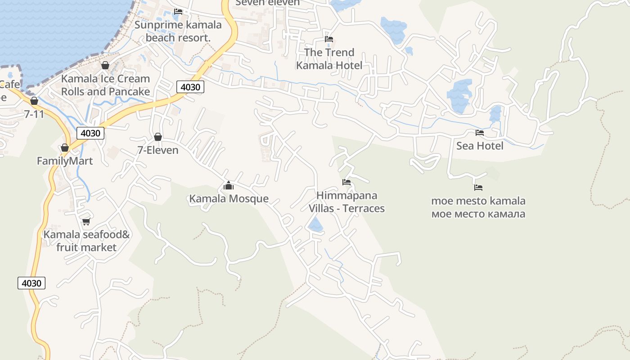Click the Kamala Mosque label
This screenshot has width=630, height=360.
[x=229, y=198]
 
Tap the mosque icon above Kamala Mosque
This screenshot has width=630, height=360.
[x=229, y=185]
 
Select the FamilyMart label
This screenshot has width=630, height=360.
[x=65, y=161]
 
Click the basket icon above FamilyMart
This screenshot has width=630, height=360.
[x=65, y=148]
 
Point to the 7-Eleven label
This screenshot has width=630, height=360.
[x=158, y=150]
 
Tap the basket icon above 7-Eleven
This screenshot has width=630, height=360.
[x=158, y=137]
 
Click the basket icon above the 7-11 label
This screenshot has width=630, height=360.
[x=34, y=101]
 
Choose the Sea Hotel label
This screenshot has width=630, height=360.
[x=480, y=146]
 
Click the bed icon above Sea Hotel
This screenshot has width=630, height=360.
[x=480, y=133]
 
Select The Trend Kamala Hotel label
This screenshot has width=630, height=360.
[x=329, y=59]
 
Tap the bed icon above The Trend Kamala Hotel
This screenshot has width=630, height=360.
[x=329, y=39]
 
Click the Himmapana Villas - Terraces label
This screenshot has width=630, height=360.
[x=346, y=202]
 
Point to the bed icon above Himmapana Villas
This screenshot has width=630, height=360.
[x=346, y=182]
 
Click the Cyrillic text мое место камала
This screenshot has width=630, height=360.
[x=478, y=214]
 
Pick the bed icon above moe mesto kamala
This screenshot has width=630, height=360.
[x=478, y=187]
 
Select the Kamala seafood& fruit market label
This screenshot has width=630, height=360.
[x=86, y=241]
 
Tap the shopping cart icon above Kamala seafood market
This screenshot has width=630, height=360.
[x=86, y=221]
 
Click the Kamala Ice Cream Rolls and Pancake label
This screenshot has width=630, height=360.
[x=105, y=85]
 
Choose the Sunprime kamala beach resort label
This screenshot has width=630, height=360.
[x=178, y=31]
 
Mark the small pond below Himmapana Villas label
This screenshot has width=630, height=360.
[x=316, y=224]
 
